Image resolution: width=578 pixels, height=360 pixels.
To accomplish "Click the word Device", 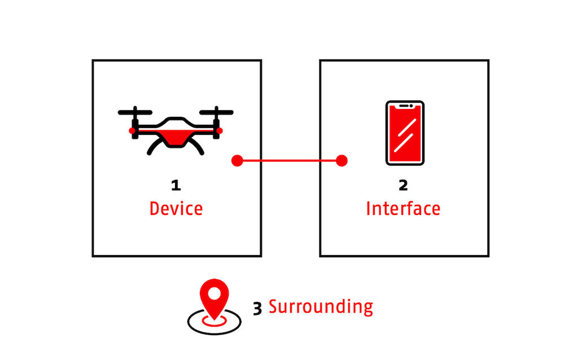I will pyautogui.click(x=176, y=208).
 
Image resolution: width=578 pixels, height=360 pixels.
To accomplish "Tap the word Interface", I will pyautogui.click(x=403, y=208).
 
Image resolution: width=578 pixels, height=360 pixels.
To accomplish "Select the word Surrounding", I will pyautogui.click(x=321, y=307).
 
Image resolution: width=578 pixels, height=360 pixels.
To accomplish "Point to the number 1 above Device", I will pyautogui.click(x=176, y=185).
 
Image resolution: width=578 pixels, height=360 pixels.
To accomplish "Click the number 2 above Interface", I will pyautogui.click(x=403, y=185).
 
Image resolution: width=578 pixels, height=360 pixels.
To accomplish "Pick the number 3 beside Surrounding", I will pyautogui.click(x=257, y=309).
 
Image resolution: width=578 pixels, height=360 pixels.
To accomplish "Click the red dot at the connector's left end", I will pyautogui.click(x=238, y=161).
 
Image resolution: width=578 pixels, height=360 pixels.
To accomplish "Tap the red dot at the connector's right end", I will pyautogui.click(x=341, y=161).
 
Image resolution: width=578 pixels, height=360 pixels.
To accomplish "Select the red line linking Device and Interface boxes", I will pyautogui.click(x=289, y=161).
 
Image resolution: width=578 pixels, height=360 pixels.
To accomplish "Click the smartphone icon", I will pyautogui.click(x=405, y=133).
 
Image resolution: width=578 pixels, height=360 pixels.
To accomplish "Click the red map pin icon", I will pyautogui.click(x=214, y=300).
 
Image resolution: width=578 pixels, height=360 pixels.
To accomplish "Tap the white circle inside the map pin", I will pyautogui.click(x=214, y=293).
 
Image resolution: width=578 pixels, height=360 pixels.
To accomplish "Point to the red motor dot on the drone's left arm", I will pyautogui.click(x=132, y=130).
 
